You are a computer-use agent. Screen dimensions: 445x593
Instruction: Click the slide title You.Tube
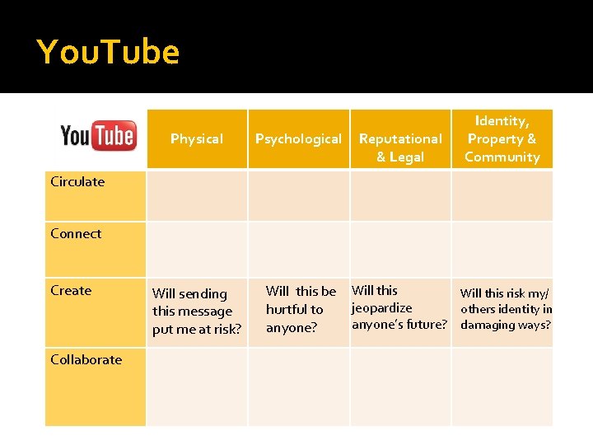pos(108,52)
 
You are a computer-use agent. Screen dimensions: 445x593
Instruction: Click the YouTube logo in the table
pos(97,136)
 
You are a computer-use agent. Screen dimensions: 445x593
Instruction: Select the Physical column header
pos(196,138)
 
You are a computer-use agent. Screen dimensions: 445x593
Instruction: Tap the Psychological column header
pos(298,138)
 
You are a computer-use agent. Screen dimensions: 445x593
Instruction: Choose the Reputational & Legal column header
pos(400,148)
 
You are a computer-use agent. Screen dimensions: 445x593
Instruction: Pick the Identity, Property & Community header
pos(502,138)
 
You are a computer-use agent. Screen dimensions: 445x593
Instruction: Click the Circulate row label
pos(77,181)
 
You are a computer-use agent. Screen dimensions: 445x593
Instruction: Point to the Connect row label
pos(76,233)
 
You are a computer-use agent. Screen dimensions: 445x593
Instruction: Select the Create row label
pos(71,290)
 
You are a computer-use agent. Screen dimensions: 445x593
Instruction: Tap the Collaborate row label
pos(86,359)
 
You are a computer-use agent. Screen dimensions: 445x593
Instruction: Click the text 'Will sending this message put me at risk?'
pos(196,311)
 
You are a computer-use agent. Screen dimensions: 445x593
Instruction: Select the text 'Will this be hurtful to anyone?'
pos(301,309)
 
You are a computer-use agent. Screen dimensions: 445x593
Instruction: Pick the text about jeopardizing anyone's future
pos(399,307)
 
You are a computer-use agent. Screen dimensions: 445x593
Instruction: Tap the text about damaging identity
pos(506,309)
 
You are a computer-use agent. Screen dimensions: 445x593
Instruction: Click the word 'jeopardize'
pos(382,307)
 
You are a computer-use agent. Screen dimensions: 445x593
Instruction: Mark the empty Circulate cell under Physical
pos(196,194)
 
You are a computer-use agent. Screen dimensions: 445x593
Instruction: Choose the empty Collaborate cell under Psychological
pos(298,386)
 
